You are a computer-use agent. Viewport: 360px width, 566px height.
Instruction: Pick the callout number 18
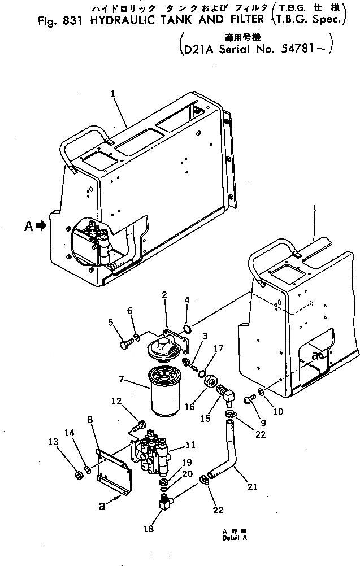pos(148,529)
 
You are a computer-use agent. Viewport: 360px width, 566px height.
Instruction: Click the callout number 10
pos(277,412)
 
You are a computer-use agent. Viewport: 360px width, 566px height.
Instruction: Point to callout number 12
pos(116,402)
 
